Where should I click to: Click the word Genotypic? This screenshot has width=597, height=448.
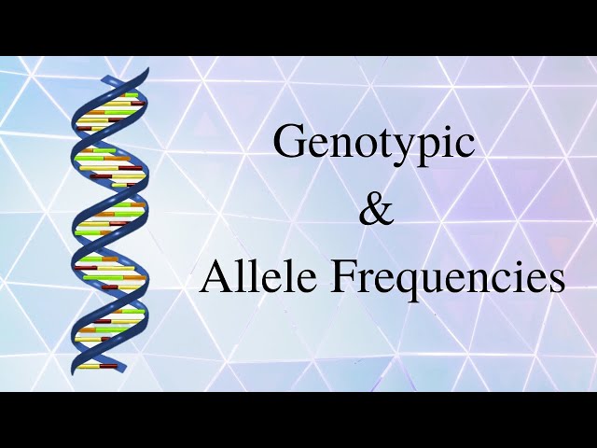coord(373,144)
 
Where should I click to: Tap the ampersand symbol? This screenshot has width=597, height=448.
coord(376,210)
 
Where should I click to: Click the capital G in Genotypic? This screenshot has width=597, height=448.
coord(288,142)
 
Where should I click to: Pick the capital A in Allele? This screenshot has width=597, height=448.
coord(215,276)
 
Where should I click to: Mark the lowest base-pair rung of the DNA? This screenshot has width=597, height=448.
coord(97,366)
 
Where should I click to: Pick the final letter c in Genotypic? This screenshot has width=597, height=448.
coord(466,146)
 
